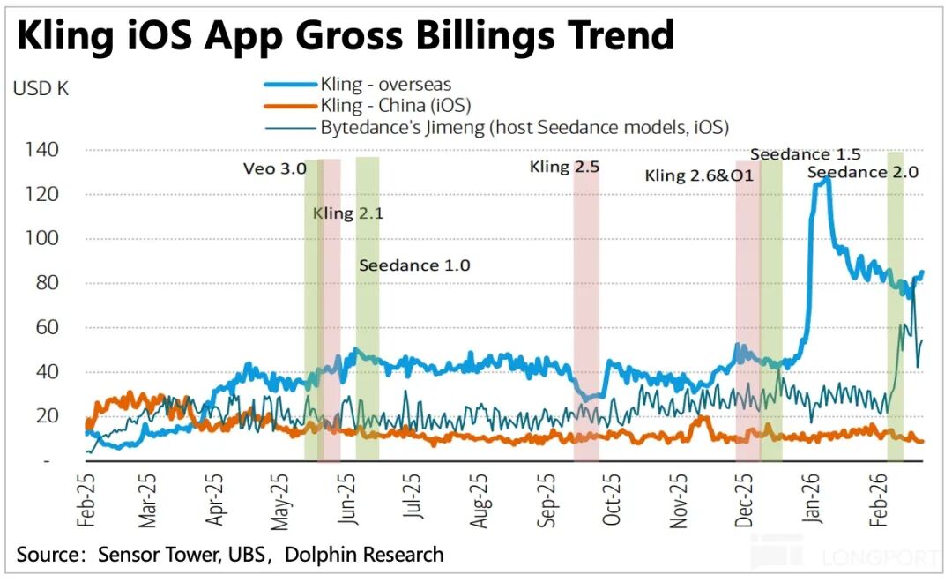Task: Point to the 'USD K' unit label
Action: [x=41, y=88]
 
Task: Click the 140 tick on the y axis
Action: [x=41, y=150]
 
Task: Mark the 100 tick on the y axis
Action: [x=41, y=239]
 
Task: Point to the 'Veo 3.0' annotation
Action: [x=275, y=168]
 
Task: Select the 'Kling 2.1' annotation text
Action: [x=348, y=213]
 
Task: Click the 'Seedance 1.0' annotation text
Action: [x=414, y=265]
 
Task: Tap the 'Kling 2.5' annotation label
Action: [x=564, y=167]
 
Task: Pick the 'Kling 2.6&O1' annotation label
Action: [x=699, y=175]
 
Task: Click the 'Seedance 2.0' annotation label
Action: [x=862, y=172]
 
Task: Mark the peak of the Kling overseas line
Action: [x=824, y=179]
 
